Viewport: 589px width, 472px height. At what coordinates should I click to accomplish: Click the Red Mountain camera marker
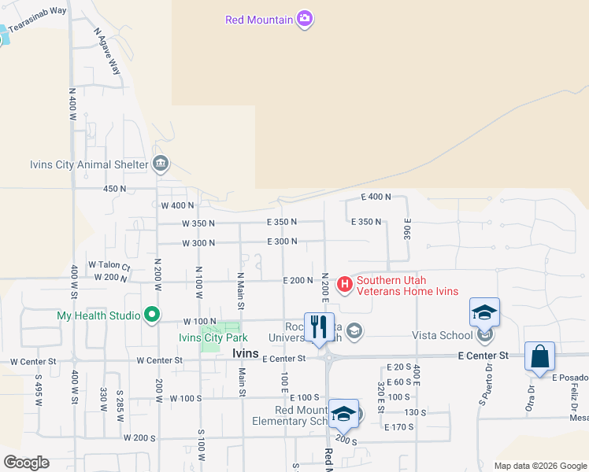pos(305,20)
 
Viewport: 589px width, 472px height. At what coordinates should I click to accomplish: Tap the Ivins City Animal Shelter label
pos(88,164)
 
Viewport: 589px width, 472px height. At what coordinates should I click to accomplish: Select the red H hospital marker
pos(344,282)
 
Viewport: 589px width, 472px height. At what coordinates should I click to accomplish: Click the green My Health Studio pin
pos(150,315)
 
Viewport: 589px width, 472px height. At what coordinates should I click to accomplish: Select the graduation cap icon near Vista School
pos(485,312)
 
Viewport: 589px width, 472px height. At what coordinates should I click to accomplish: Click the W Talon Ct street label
pos(109,265)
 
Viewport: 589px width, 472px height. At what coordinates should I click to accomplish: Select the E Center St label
pos(483,356)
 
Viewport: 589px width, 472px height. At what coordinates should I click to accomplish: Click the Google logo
pos(26,463)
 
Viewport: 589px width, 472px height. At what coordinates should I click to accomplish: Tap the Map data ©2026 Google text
pos(539,466)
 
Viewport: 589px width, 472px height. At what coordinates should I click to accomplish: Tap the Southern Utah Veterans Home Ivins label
pos(408,286)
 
